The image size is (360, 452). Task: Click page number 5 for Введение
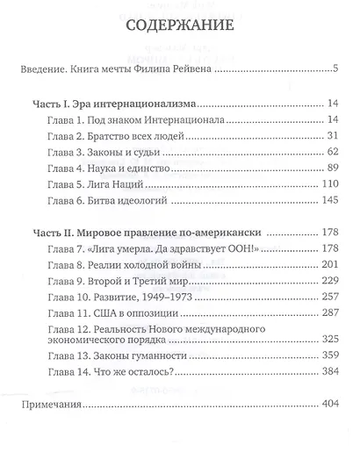click(336, 68)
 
